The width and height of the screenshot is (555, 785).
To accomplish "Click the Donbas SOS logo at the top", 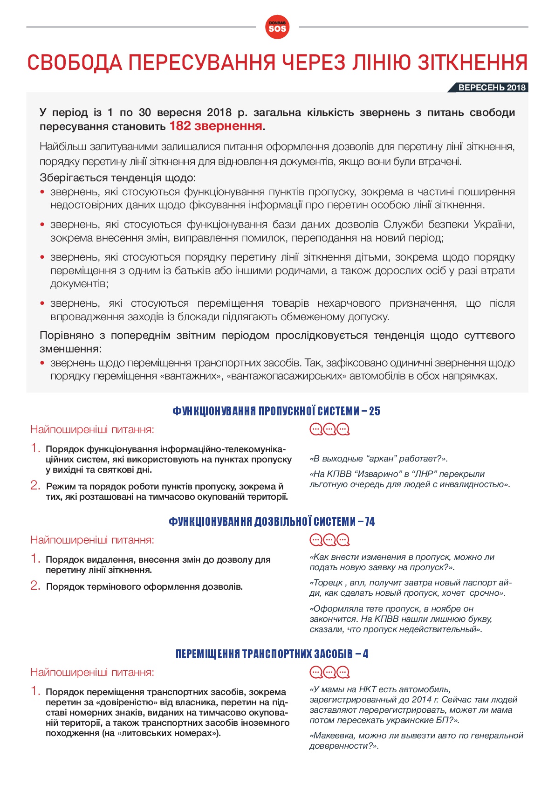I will pos(277,27).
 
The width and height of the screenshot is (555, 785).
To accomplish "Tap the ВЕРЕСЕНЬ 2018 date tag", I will pos(491,88).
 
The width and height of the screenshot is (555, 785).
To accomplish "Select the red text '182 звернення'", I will pos(215,126).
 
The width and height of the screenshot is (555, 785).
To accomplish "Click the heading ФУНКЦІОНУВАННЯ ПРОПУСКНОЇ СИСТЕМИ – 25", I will pos(276,411).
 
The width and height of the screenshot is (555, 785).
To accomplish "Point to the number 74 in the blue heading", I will pos(370,522).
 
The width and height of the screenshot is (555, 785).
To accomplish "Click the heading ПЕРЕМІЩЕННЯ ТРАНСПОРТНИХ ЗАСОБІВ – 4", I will pos(272,654).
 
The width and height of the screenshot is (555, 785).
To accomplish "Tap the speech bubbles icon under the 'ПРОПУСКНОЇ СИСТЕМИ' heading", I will pos(329,429).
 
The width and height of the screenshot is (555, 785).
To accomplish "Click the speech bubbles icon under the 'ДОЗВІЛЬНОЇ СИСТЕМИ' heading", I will pos(329,540).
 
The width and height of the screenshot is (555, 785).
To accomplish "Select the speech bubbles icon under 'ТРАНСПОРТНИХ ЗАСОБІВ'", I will pos(329,672).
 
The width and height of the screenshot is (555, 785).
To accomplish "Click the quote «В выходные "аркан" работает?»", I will pos(378,459).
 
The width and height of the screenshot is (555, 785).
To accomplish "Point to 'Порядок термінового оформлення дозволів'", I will pos(144,586).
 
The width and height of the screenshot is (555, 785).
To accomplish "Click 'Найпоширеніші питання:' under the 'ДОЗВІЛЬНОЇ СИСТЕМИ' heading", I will pos(92,540).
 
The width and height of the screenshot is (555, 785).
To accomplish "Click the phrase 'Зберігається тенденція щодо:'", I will pos(117,178).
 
